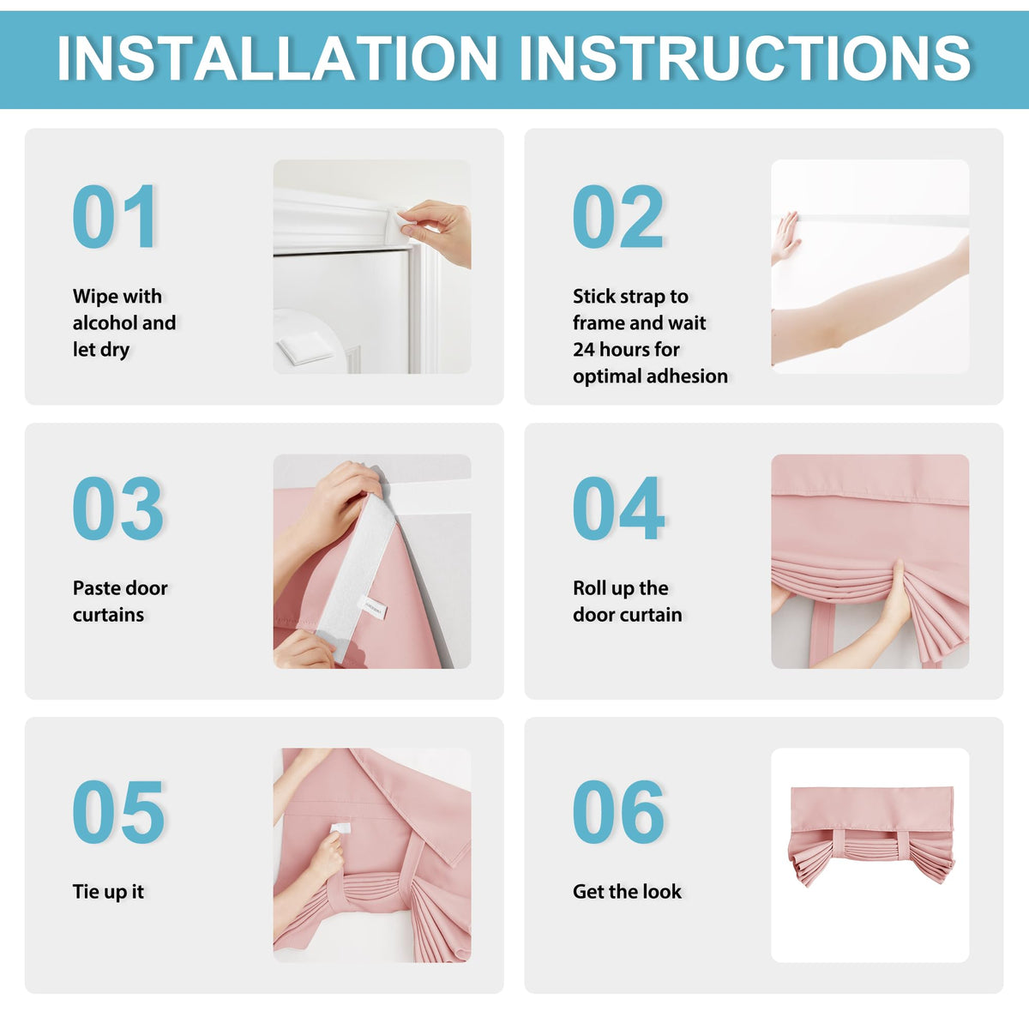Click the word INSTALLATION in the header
pyautogui.click(x=278, y=57)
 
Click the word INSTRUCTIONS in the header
pyautogui.click(x=744, y=57)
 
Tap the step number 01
pyautogui.click(x=115, y=216)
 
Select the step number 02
pyautogui.click(x=617, y=216)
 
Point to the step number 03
pyautogui.click(x=117, y=508)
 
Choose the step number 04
pyautogui.click(x=618, y=508)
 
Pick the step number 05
pyautogui.click(x=118, y=812)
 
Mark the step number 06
pyautogui.click(x=618, y=812)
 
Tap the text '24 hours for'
pyautogui.click(x=626, y=349)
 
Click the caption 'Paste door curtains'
pyautogui.click(x=120, y=601)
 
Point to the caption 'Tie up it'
pyautogui.click(x=108, y=892)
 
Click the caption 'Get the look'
pyautogui.click(x=627, y=891)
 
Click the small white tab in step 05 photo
pyautogui.click(x=340, y=828)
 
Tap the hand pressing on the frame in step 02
pyautogui.click(x=784, y=238)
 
